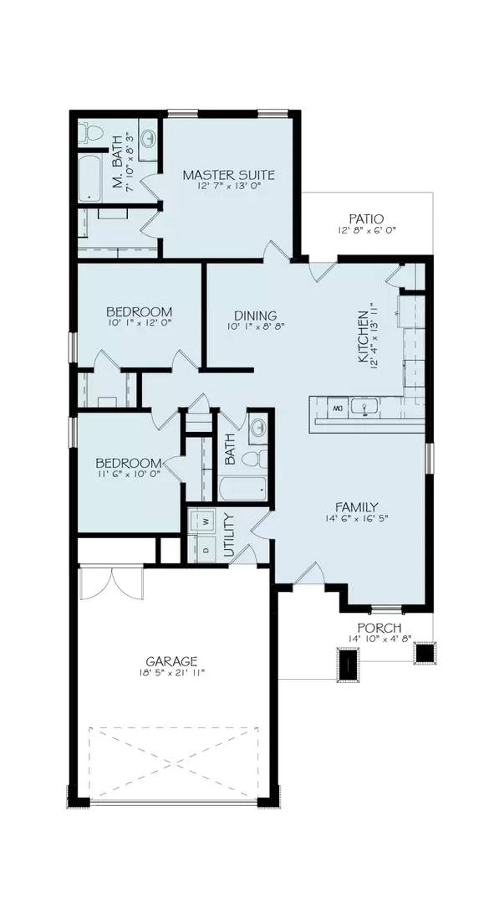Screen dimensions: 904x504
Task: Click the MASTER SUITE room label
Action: [x=228, y=175]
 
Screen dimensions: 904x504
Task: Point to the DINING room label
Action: [x=249, y=316]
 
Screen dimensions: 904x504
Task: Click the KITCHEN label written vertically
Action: [x=363, y=337]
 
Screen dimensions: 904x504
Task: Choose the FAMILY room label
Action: [x=357, y=506]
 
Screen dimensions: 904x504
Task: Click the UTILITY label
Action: [x=230, y=536]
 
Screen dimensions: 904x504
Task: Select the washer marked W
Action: [x=204, y=521]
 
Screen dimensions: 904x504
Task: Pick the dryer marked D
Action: [x=204, y=550]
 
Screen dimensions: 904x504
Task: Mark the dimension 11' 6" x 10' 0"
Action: [x=128, y=475]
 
